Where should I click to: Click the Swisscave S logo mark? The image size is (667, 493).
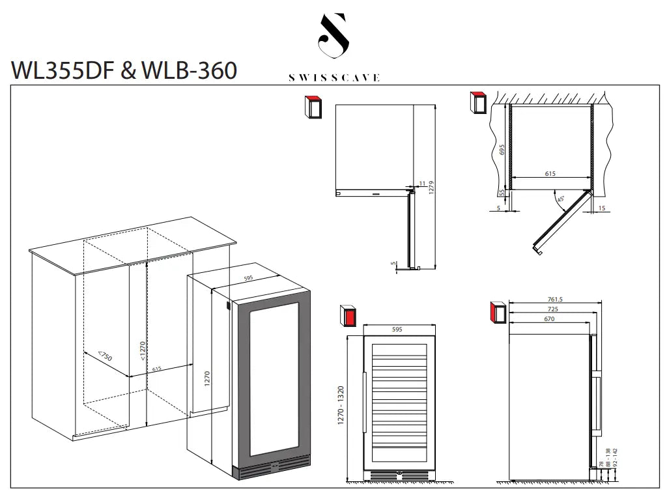click(334, 35)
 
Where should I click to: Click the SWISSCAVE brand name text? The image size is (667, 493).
click(334, 78)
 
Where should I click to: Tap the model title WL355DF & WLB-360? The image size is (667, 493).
click(124, 70)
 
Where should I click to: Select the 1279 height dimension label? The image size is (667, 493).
click(431, 188)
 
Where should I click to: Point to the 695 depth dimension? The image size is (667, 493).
click(502, 149)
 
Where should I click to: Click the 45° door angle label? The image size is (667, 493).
click(561, 199)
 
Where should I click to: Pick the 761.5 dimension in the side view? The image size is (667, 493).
click(555, 300)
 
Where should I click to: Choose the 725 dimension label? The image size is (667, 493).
click(553, 309)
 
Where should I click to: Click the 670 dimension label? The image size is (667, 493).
click(549, 319)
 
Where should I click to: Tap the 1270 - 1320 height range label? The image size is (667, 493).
click(340, 405)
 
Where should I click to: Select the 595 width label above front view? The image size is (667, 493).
click(397, 330)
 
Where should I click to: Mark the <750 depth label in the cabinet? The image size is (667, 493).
click(105, 356)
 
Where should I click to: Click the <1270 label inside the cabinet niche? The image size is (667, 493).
click(143, 350)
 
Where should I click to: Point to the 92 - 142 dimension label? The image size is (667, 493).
click(615, 457)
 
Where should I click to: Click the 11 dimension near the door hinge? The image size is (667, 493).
click(422, 184)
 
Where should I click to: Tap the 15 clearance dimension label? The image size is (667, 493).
click(602, 208)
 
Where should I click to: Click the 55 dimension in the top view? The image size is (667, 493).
click(502, 193)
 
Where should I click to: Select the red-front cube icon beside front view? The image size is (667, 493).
click(348, 316)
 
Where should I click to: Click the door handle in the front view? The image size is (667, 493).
click(365, 402)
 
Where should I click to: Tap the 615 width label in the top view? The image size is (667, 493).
click(550, 173)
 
